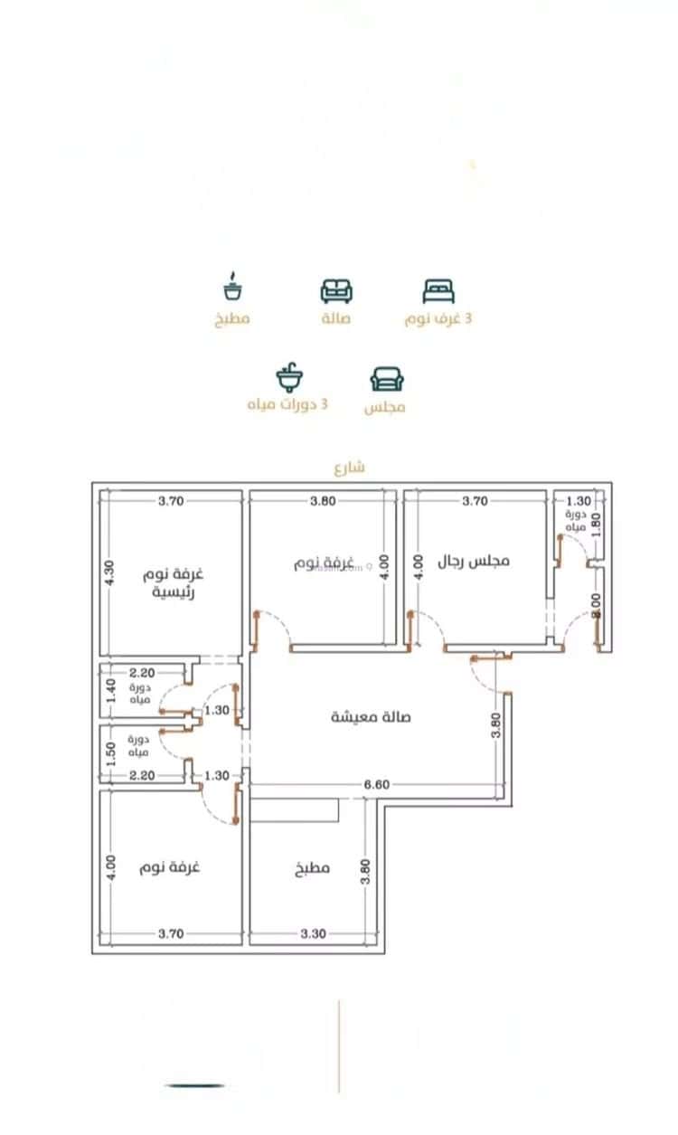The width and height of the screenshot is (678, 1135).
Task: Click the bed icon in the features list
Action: [438, 290]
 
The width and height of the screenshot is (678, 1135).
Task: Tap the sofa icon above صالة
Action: [336, 290]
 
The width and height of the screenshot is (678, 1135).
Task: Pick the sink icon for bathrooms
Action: [289, 377]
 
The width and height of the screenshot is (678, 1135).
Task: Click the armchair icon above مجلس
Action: [387, 378]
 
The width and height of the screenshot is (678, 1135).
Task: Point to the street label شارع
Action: [349, 468]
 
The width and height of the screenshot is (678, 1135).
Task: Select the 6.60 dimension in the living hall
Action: [376, 784]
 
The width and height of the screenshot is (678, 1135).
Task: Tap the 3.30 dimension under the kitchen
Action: [313, 933]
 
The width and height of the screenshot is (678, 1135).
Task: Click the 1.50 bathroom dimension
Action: [110, 753]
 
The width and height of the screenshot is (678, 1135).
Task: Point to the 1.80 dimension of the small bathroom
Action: [596, 526]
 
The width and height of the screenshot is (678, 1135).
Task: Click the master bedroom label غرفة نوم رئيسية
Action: [174, 583]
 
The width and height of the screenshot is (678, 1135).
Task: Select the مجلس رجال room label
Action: [474, 561]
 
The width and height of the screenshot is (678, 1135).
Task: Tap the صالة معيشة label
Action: [371, 716]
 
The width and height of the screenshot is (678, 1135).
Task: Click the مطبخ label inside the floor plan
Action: [312, 868]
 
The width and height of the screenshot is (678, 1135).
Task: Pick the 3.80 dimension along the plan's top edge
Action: [324, 500]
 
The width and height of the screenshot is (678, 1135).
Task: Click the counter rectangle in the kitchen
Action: [295, 809]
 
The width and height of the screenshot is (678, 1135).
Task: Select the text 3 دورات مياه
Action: [287, 404]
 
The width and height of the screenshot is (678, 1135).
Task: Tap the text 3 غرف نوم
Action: [438, 319]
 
